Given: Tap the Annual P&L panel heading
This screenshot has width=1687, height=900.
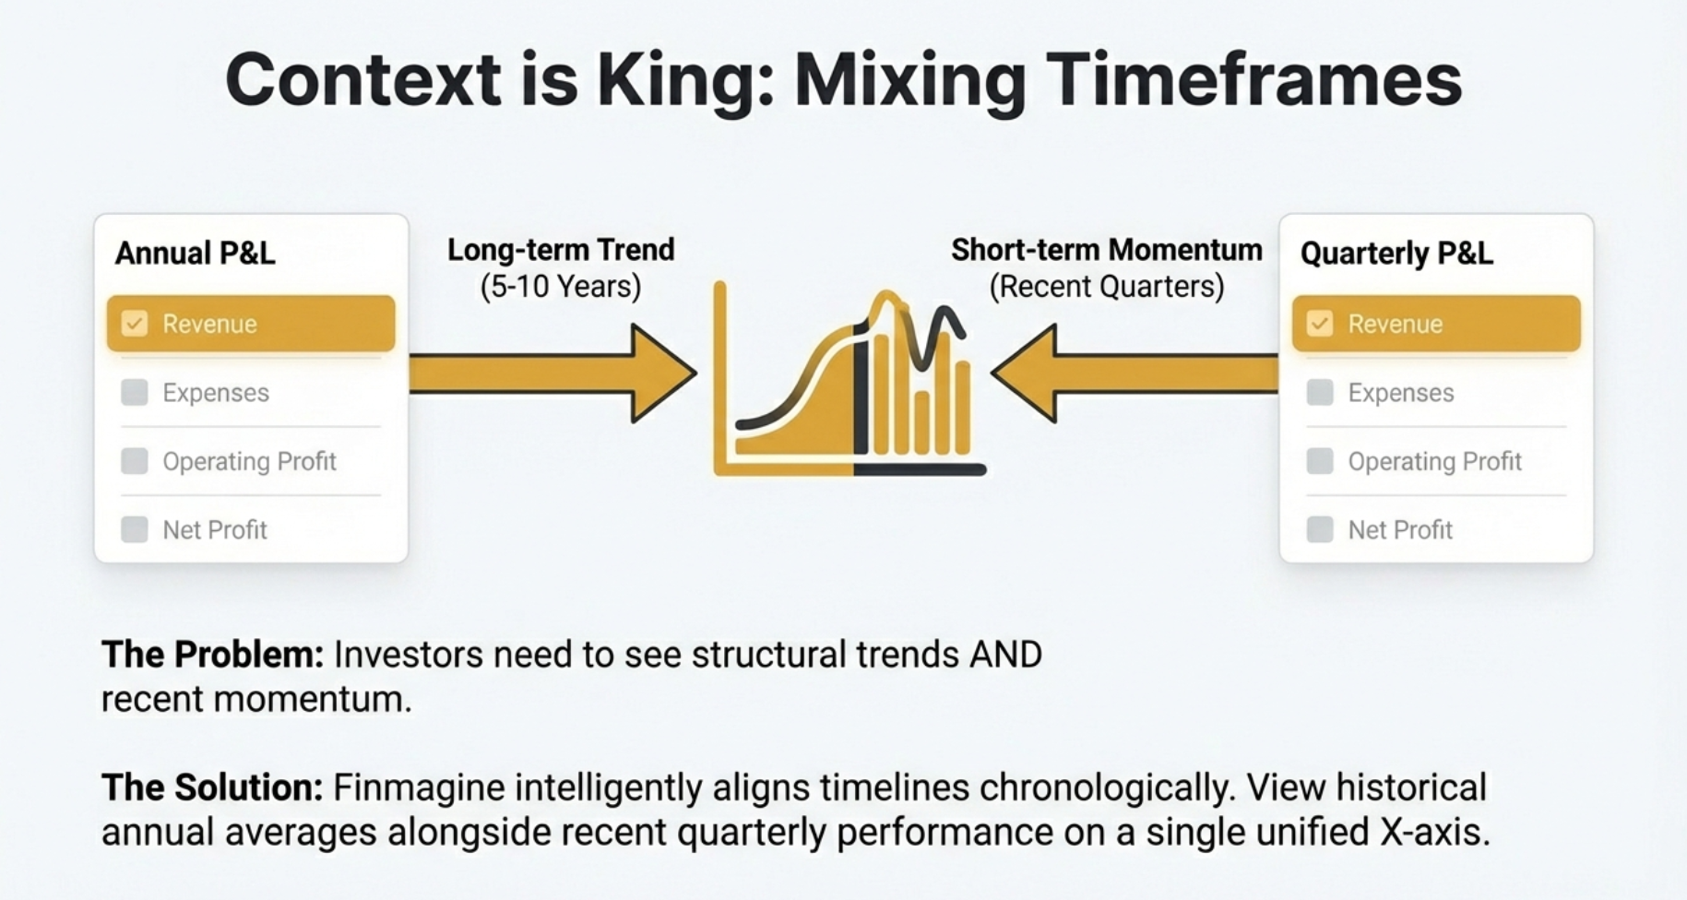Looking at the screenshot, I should (x=195, y=253).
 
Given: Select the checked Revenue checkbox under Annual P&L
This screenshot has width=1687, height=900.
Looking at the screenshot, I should (x=135, y=324).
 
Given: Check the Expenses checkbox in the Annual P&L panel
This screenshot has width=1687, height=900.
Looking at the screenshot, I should (x=135, y=393).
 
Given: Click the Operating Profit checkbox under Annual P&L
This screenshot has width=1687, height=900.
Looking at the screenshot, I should (x=135, y=461).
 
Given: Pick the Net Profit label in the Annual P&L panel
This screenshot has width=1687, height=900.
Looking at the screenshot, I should (x=214, y=530).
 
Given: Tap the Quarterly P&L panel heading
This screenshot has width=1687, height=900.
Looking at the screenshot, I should (x=1396, y=253).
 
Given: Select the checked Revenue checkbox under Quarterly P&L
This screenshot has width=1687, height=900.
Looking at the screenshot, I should (x=1320, y=324).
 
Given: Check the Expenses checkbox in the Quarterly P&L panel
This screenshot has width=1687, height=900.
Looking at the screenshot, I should (x=1320, y=393).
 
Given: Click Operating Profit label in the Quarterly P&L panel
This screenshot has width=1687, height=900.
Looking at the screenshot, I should (x=1434, y=461).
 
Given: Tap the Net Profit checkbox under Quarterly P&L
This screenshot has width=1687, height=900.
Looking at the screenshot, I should (x=1320, y=530).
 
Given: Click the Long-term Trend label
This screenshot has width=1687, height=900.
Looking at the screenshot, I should (x=561, y=250).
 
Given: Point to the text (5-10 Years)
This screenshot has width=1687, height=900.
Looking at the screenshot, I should (x=561, y=287).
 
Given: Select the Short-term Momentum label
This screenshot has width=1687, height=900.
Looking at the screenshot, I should (x=1106, y=250).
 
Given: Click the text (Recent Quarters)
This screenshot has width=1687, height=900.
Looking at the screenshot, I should (x=1106, y=287).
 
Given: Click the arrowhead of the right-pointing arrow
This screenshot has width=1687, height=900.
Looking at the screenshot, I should (x=662, y=373).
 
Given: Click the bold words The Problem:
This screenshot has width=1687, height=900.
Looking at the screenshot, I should (x=212, y=655).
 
